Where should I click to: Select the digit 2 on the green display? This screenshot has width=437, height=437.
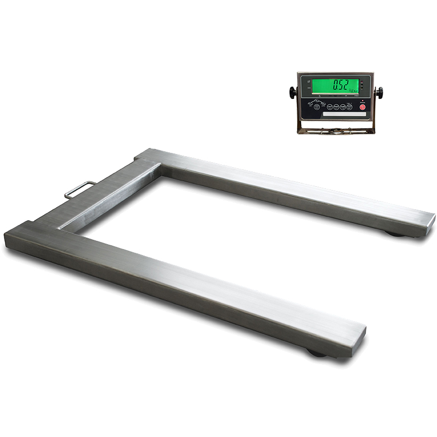pos(345,85)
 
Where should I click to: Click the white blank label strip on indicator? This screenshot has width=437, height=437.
pos(341,114)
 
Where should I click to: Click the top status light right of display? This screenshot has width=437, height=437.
pos(362,81)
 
